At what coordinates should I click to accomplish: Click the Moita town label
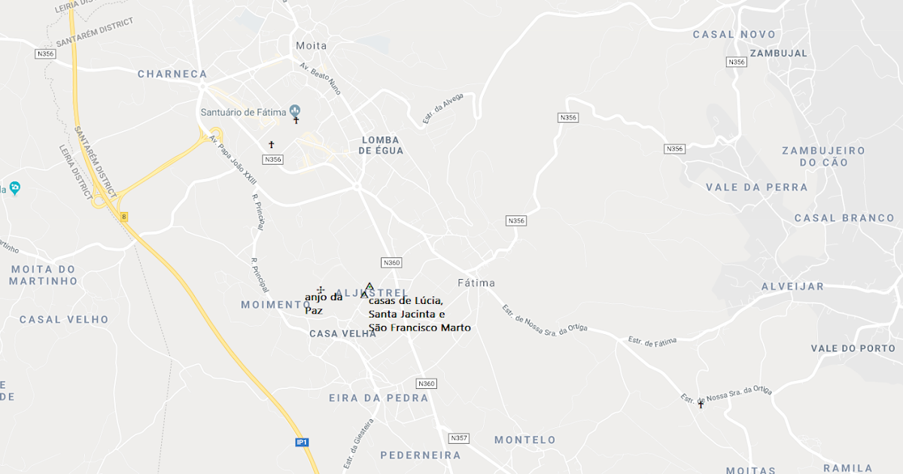(x=312, y=46)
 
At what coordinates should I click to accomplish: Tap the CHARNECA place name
(x=172, y=74)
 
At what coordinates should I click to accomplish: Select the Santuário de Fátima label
(x=243, y=113)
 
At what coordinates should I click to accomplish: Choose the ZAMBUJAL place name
(x=778, y=53)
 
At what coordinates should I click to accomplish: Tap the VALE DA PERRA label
(x=757, y=187)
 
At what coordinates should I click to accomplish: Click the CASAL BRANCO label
(x=844, y=218)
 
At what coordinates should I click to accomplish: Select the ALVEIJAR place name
(x=792, y=287)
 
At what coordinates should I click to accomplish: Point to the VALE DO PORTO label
(x=853, y=348)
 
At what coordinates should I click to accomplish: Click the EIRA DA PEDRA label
(x=379, y=398)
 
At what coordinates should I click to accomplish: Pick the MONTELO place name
(x=524, y=440)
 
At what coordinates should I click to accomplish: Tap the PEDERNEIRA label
(x=420, y=455)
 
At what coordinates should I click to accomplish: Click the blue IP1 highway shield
(x=302, y=442)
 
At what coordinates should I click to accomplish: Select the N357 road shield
(x=458, y=438)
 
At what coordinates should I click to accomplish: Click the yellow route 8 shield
(x=124, y=217)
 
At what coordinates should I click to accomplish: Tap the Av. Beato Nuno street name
(x=321, y=78)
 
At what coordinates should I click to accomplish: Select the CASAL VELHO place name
(x=64, y=320)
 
